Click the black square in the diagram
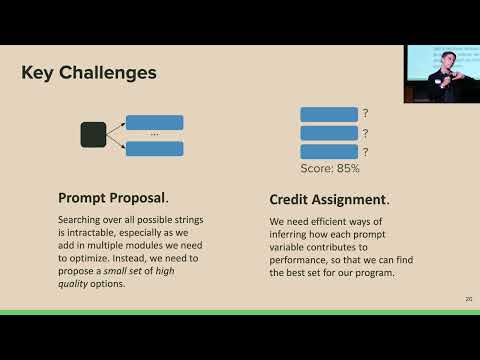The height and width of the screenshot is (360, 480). [93, 134]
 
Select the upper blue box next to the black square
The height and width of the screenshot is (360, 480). [154, 122]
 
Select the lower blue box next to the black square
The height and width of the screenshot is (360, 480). [154, 148]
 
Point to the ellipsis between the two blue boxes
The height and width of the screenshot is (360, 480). [154, 135]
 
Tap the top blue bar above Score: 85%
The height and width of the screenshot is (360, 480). [329, 114]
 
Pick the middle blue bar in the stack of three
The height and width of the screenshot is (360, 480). [329, 133]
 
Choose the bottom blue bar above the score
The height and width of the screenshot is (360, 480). [329, 151]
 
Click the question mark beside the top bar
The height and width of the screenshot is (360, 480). [366, 114]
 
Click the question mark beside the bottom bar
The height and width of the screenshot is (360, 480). [366, 151]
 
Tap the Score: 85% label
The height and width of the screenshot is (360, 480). [330, 168]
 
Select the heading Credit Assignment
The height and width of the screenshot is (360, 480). [327, 199]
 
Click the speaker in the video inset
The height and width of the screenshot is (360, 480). [442, 75]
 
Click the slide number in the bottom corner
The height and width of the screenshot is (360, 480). [468, 299]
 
